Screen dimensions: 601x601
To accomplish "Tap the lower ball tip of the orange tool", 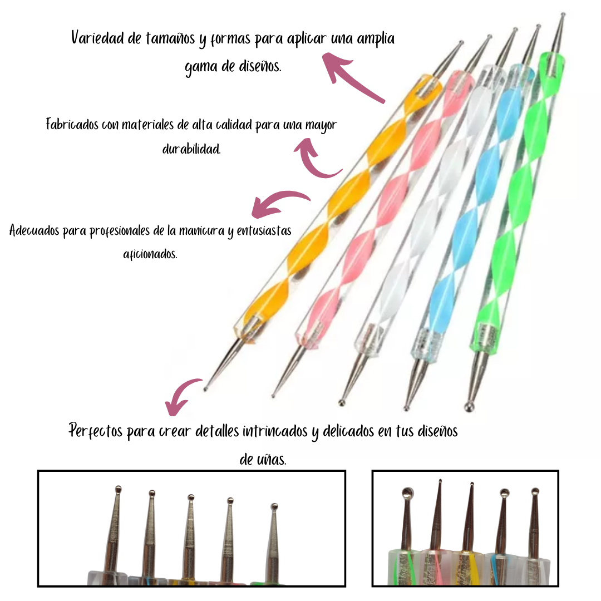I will (x=206, y=388).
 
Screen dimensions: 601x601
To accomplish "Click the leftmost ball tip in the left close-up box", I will (x=118, y=489).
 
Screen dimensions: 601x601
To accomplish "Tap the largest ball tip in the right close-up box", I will (x=408, y=492).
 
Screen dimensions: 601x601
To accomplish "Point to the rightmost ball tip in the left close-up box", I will (x=274, y=506).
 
